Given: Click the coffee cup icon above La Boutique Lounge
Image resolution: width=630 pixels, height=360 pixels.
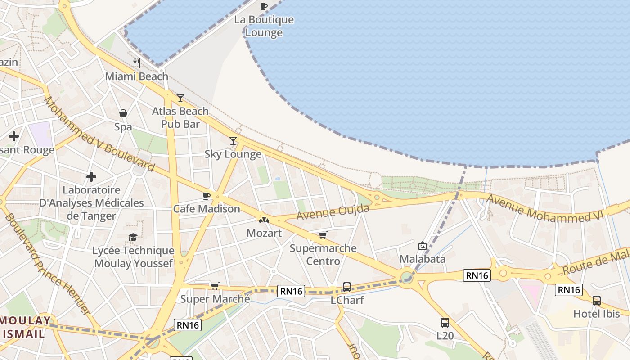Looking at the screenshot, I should [264, 6].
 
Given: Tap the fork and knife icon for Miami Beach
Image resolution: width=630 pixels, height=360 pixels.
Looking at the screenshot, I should [137, 63].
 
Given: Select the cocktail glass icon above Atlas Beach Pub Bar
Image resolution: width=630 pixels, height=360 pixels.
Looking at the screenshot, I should [180, 98].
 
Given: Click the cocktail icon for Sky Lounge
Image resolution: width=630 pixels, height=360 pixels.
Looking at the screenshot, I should [233, 141].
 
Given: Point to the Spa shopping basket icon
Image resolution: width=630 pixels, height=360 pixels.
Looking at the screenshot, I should [123, 113].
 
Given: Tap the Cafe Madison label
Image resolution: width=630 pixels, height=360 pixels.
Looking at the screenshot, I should [207, 209].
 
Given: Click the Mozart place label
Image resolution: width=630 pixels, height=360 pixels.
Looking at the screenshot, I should [264, 233].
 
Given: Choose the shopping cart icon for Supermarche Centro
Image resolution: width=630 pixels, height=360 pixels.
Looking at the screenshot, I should [323, 235].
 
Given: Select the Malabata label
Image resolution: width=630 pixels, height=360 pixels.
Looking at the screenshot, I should [423, 259].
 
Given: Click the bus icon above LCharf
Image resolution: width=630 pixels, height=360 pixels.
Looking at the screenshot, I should [347, 287].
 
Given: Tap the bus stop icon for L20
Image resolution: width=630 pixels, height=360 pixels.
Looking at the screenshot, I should [445, 322].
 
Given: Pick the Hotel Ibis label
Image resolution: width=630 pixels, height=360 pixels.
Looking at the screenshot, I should [596, 314].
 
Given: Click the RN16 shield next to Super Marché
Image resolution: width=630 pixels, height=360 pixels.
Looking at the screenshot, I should [291, 291].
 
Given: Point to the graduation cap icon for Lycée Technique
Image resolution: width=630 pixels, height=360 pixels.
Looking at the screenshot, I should [133, 237].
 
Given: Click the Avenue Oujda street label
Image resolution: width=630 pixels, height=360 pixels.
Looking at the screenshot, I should [333, 212].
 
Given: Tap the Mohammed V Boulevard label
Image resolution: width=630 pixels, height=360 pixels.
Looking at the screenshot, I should [99, 134].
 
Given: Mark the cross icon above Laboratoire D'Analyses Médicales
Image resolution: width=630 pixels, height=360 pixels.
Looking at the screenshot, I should [91, 177].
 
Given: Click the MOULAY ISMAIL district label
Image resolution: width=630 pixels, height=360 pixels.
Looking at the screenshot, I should [26, 327].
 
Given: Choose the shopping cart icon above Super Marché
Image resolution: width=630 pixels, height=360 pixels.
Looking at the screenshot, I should [215, 286].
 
